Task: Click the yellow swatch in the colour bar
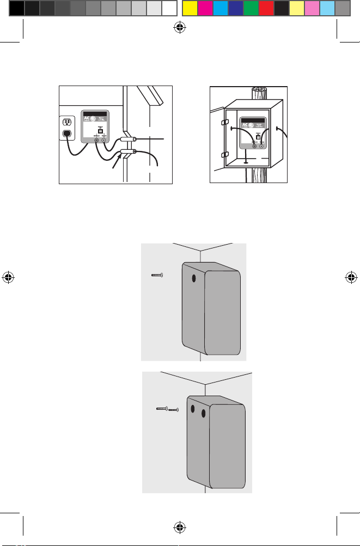tap(190, 8)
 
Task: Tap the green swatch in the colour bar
tap(251, 8)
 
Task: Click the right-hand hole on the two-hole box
tap(203, 414)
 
